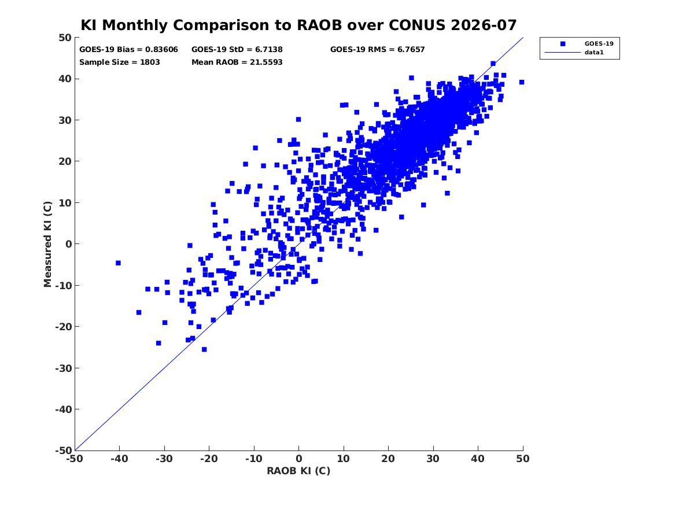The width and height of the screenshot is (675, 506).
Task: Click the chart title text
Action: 298,25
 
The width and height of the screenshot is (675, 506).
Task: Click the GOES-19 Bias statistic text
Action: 128,50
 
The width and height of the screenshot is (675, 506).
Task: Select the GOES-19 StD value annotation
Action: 237,50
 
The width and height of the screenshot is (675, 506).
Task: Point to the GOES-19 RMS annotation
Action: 377,50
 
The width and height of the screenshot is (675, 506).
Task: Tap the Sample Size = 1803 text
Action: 119,62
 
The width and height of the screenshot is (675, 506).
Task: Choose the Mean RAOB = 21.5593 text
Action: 237,62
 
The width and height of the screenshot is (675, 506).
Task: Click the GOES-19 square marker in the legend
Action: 563,43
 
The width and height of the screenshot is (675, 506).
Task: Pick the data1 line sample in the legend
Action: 563,53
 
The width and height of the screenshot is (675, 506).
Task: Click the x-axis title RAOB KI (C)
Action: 298,471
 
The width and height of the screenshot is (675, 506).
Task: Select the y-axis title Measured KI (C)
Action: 47,244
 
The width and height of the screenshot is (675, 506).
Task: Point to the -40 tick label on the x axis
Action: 119,459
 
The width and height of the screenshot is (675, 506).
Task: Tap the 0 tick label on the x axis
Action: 299,459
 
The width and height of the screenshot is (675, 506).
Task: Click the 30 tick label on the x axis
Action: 433,459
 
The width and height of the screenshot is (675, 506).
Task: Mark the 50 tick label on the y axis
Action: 65,38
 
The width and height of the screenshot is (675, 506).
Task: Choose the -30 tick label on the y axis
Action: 63,368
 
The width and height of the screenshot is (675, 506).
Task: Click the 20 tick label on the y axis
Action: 65,161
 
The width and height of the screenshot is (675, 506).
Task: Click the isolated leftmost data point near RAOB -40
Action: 118,263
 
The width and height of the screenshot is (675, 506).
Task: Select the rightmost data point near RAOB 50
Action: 522,82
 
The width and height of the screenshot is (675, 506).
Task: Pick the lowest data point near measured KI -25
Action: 204,349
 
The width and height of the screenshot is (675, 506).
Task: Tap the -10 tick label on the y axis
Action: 63,285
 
